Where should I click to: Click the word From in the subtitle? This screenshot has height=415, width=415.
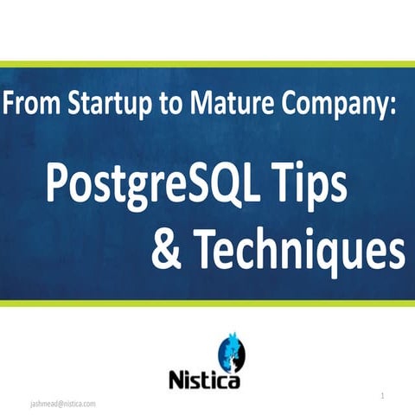(x=31, y=103)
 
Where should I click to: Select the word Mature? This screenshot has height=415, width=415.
(x=232, y=103)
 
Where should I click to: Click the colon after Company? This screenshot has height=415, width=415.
(x=393, y=106)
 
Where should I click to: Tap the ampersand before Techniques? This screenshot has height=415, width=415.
(x=166, y=249)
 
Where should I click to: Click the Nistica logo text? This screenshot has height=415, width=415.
(x=204, y=380)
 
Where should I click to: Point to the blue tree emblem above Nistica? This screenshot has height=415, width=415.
(x=232, y=353)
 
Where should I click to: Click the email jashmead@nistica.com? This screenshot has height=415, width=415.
(x=63, y=404)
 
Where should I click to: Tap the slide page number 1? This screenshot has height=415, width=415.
(x=382, y=396)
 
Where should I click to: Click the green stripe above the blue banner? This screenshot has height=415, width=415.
(x=207, y=64)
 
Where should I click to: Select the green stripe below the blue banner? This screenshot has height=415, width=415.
(x=207, y=303)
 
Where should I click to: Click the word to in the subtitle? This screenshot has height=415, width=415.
(x=171, y=105)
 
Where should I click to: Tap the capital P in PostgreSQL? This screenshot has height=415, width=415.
(x=58, y=184)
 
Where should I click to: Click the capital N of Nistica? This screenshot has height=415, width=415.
(x=176, y=380)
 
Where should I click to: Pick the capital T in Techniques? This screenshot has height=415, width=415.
(x=207, y=249)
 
